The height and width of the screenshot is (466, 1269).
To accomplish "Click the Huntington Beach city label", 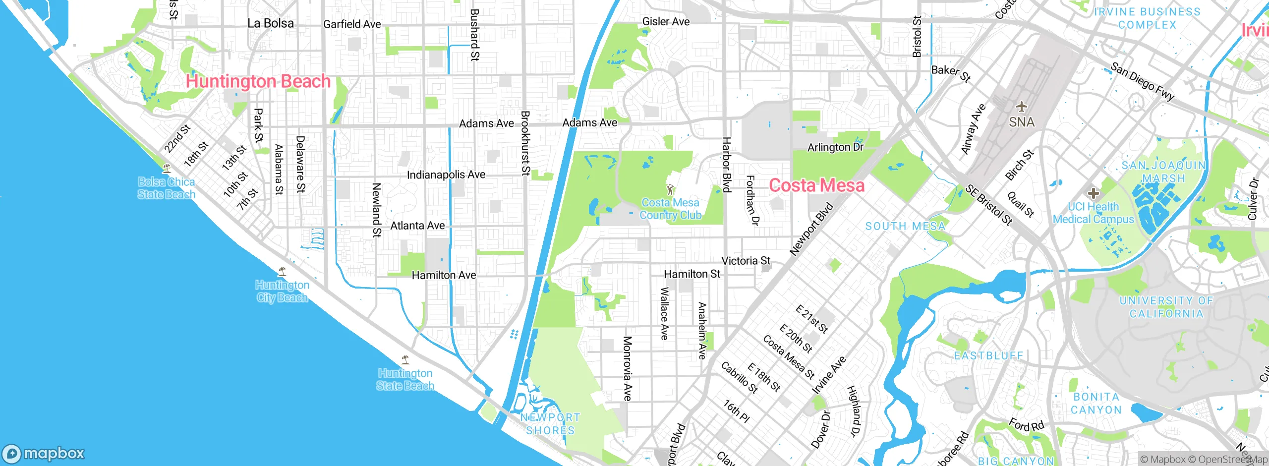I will pyautogui.click(x=258, y=81).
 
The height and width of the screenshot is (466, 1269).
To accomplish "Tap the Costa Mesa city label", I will pyautogui.click(x=816, y=185).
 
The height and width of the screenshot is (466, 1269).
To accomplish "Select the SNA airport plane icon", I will pyautogui.click(x=1021, y=107).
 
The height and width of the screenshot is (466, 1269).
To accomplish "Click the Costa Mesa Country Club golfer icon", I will pyautogui.click(x=670, y=189).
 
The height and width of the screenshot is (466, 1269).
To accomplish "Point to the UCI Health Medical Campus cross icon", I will pyautogui.click(x=1093, y=193).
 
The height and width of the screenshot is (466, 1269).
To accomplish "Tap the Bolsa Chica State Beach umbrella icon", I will pyautogui.click(x=167, y=169).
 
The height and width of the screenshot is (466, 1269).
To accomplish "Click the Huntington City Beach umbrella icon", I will pyautogui.click(x=282, y=271).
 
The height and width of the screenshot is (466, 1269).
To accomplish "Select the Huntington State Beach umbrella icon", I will pyautogui.click(x=405, y=359).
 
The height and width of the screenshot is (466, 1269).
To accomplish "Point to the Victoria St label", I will pyautogui.click(x=746, y=261).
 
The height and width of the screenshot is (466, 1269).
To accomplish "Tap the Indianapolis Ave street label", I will pyautogui.click(x=446, y=175).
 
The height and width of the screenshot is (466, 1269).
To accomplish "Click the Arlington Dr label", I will pyautogui.click(x=835, y=147).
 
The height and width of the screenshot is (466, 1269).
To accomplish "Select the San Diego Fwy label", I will pyautogui.click(x=1142, y=82).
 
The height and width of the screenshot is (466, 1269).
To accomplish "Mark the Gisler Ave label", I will pyautogui.click(x=666, y=21).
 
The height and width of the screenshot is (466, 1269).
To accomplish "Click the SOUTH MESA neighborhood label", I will pyautogui.click(x=905, y=227).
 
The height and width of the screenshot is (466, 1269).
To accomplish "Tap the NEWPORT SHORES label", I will pyautogui.click(x=550, y=424).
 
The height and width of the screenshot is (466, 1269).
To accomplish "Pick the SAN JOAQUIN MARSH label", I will pyautogui.click(x=1163, y=172).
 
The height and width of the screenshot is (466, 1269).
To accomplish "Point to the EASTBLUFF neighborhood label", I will pyautogui.click(x=988, y=355).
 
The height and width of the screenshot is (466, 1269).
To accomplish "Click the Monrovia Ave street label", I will pyautogui.click(x=627, y=368).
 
